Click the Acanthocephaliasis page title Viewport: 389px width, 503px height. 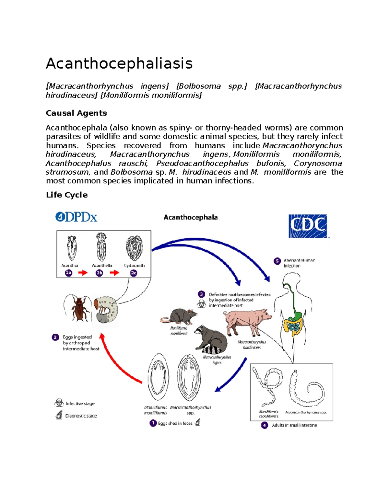tap(119, 63)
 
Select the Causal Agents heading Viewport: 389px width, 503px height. tap(76, 113)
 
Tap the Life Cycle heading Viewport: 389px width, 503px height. tap(67, 195)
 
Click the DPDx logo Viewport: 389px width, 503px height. tap(77, 217)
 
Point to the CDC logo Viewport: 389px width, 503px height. tap(308, 226)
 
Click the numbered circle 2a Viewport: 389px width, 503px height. tap(68, 273)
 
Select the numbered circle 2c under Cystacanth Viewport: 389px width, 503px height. tap(134, 273)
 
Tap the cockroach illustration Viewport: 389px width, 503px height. tap(78, 308)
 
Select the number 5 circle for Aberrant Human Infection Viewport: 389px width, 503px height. tap(277, 261)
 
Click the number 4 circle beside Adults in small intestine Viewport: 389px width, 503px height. tap(265, 425)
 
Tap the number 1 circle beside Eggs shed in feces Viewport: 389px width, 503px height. tap(153, 423)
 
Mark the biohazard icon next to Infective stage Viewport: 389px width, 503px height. tap(59, 403)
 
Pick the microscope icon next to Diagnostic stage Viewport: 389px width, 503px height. tap(59, 415)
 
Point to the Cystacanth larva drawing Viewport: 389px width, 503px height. tap(134, 248)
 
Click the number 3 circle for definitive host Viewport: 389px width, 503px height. tap(201, 294)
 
